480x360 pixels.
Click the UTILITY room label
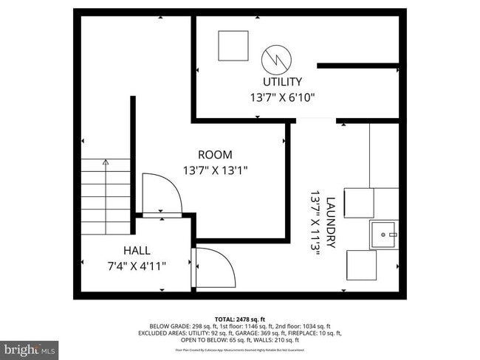tap(282, 82)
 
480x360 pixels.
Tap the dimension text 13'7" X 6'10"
tap(282, 97)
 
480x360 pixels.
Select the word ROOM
tap(215, 155)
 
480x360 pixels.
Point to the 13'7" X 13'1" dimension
tap(215, 170)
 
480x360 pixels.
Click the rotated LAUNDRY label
tap(330, 221)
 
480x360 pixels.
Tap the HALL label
tap(137, 250)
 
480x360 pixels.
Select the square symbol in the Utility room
tap(233, 46)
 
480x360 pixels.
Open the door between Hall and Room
tap(161, 194)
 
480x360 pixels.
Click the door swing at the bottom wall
tap(214, 268)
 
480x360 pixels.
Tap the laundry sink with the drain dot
tap(383, 235)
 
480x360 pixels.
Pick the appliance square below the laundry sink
tap(361, 265)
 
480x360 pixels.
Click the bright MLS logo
tap(30, 347)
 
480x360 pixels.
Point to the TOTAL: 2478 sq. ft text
tap(241, 318)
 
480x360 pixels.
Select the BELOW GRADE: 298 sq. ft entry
tap(182, 325)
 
